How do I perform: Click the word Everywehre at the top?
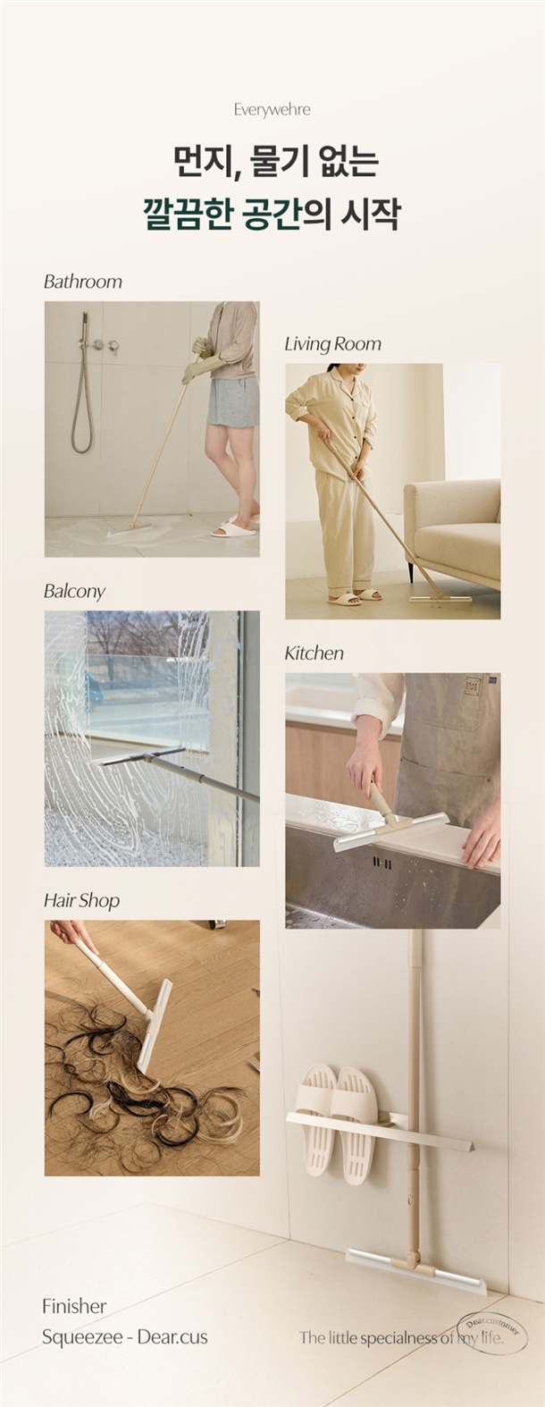[x=272, y=110]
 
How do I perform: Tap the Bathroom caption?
[x=83, y=282]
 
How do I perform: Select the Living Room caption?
[x=332, y=344]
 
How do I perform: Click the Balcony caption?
[x=74, y=591]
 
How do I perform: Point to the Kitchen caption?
[x=314, y=653]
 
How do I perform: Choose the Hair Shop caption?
[x=81, y=901]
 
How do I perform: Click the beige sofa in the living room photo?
[x=452, y=534]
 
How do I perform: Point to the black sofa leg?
[x=411, y=570]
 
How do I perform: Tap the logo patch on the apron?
[x=472, y=685]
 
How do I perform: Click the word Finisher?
[x=74, y=1307]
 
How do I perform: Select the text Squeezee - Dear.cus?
[x=124, y=1337]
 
